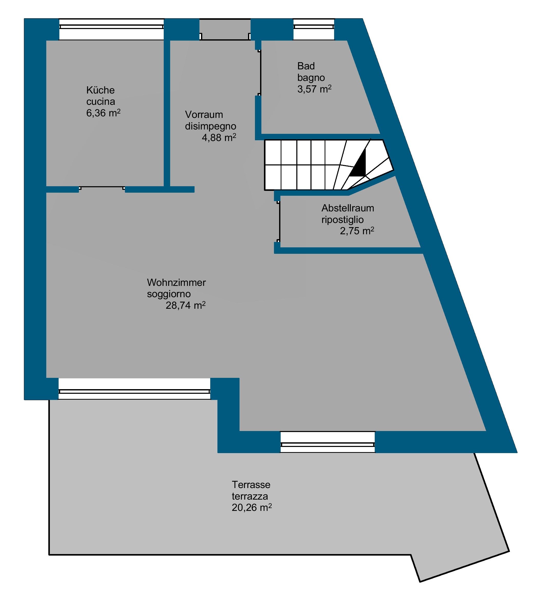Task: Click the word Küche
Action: click(x=100, y=90)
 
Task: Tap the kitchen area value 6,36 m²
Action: click(x=103, y=113)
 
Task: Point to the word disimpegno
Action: click(x=210, y=126)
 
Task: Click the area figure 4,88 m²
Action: click(x=219, y=138)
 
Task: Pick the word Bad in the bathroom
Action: click(x=306, y=66)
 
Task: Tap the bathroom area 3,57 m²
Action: click(x=315, y=89)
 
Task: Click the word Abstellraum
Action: click(x=348, y=208)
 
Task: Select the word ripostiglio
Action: click(x=342, y=220)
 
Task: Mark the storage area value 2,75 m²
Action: click(x=357, y=231)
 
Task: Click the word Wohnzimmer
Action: click(x=176, y=282)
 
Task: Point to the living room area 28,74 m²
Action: click(x=186, y=305)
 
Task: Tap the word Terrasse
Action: click(x=251, y=485)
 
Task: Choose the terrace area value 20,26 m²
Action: click(x=252, y=508)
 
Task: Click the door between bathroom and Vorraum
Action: click(x=260, y=73)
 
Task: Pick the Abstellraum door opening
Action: click(x=279, y=222)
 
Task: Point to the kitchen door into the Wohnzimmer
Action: click(x=102, y=188)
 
